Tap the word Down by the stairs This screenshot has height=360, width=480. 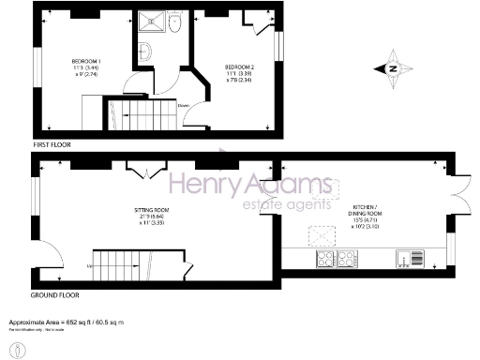[x=183, y=105]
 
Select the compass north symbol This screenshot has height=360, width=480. [x=394, y=67]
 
